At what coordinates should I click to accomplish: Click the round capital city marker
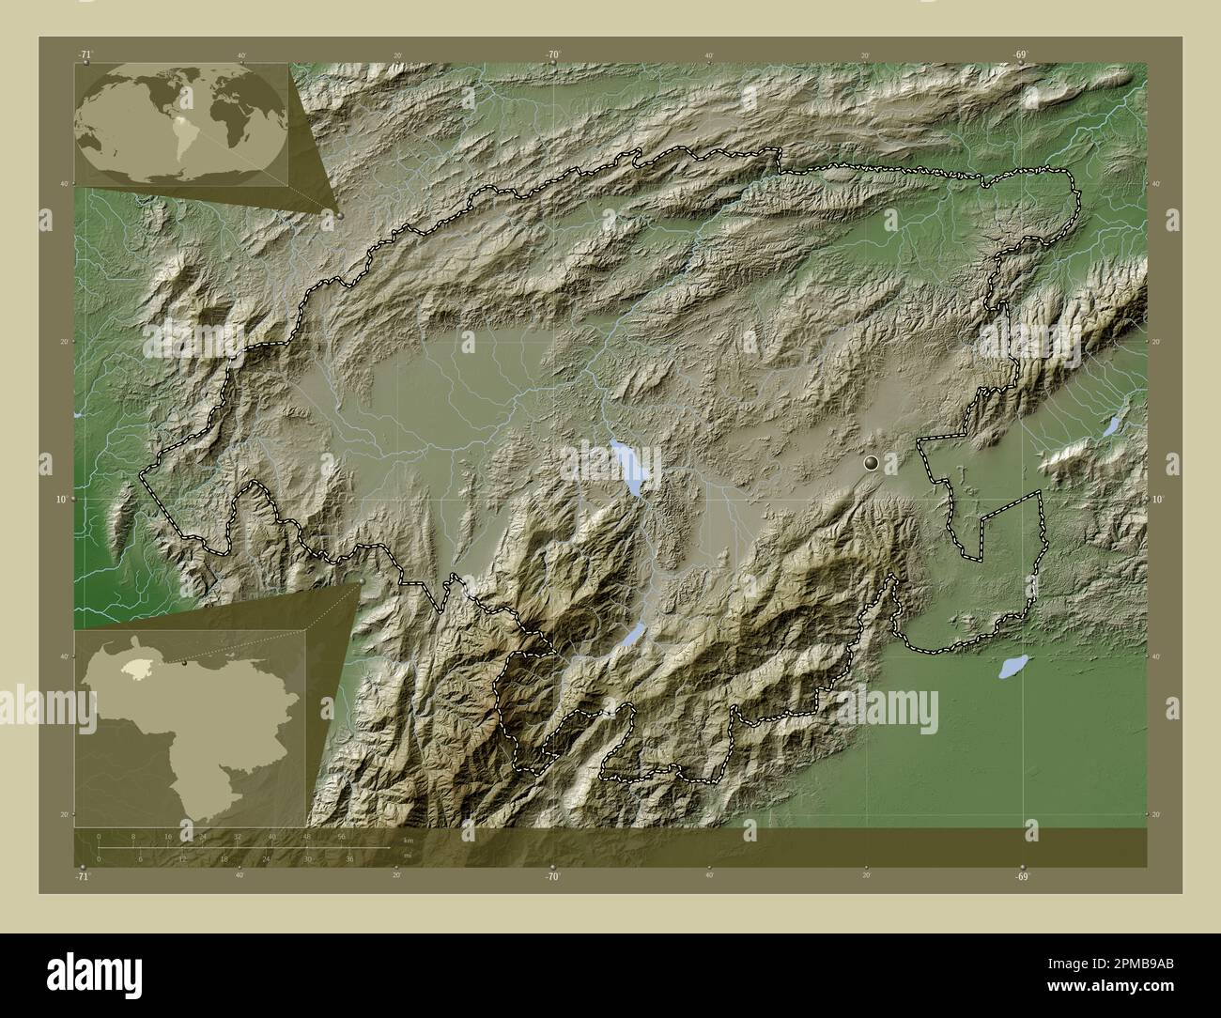coord(872,462)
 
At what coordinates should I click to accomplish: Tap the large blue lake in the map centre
coord(628,467)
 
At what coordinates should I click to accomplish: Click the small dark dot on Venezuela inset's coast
coord(185,662)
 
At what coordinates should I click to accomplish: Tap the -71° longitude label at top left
coord(85,55)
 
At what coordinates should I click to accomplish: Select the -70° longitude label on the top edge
coord(553,55)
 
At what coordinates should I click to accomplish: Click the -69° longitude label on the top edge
coord(1021,55)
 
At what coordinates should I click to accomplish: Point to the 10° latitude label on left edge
coord(60,499)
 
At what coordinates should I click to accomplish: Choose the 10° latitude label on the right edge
coord(1157,499)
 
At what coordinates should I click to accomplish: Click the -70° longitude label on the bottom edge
coord(553,876)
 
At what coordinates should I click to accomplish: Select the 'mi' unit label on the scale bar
coord(407,856)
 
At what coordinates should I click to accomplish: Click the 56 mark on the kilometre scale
coord(341,836)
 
